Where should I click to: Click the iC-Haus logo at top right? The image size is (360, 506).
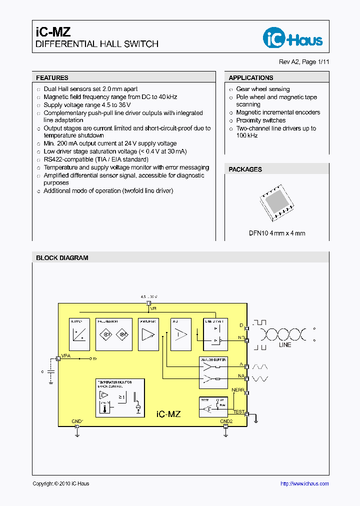(x=293, y=37)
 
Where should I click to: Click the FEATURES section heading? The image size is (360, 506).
(x=52, y=78)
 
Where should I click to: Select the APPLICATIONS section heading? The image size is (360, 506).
(x=251, y=78)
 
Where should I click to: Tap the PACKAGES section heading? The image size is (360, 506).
(x=245, y=169)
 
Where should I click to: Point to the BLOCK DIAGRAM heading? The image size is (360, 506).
(x=62, y=258)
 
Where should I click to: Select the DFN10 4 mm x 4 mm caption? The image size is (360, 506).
(x=277, y=233)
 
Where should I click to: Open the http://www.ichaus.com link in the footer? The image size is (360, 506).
(x=304, y=483)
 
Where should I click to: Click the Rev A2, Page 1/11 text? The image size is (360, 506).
(x=304, y=62)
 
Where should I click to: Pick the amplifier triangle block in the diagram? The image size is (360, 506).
(x=149, y=334)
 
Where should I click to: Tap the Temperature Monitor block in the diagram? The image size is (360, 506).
(x=120, y=397)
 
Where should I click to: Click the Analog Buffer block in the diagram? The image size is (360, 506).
(x=213, y=373)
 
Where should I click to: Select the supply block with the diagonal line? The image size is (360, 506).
(x=79, y=334)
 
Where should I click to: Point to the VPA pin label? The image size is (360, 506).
(x=65, y=356)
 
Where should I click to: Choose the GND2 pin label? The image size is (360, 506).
(x=226, y=421)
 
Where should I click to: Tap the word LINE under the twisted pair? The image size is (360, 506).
(x=285, y=345)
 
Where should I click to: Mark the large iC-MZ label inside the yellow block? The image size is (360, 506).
(x=168, y=414)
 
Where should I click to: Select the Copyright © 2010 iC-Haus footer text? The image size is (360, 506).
(x=61, y=483)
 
